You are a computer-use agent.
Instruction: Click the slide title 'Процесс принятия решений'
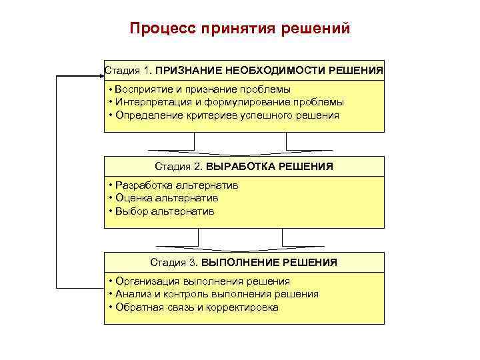coord(239,29)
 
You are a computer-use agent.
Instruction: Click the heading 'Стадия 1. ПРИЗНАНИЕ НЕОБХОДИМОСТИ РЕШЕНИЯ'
coord(244,69)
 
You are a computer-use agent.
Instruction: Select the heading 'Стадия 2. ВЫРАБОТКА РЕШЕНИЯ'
coord(244,166)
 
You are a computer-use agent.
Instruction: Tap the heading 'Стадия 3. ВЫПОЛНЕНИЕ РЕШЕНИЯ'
coord(244,263)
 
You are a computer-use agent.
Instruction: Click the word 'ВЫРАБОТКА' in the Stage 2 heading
coord(235,166)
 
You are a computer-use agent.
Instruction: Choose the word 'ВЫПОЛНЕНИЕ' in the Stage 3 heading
coord(231,263)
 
